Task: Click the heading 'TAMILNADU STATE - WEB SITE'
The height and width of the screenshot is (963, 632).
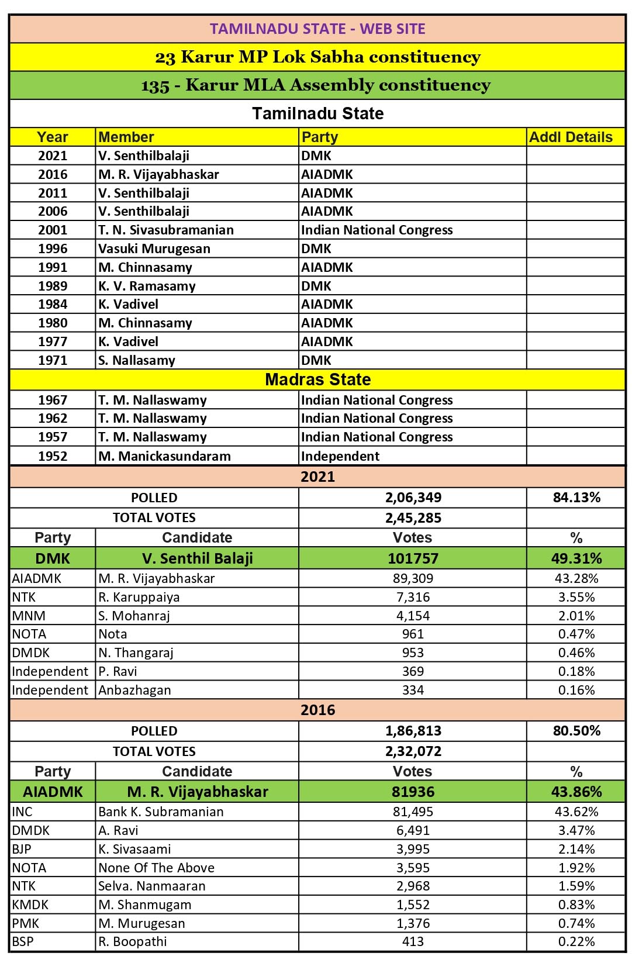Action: click(x=317, y=29)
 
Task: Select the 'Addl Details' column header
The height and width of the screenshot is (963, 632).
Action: click(x=571, y=137)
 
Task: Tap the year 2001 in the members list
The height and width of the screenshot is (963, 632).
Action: click(x=53, y=230)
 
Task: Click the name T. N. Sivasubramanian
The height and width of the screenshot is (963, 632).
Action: click(x=166, y=230)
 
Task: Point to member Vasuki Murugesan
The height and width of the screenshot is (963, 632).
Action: click(x=154, y=249)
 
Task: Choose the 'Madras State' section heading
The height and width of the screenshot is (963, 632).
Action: click(x=317, y=379)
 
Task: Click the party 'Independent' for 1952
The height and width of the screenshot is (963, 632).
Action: click(x=340, y=456)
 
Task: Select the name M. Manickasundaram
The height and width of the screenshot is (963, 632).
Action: click(x=165, y=456)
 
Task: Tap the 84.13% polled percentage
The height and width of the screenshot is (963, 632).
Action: click(x=576, y=498)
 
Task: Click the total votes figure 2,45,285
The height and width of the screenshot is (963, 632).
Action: click(x=413, y=518)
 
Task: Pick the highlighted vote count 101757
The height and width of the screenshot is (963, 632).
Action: click(x=413, y=558)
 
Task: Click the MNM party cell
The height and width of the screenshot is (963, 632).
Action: click(x=29, y=616)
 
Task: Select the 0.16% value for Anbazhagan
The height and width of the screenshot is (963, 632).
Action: click(x=576, y=690)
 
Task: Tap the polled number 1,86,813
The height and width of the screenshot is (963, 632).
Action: click(x=413, y=731)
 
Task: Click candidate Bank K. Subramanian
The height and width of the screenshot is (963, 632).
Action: click(x=161, y=812)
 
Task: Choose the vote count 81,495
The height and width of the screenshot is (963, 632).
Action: click(x=413, y=812)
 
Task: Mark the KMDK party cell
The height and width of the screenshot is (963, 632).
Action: click(x=30, y=905)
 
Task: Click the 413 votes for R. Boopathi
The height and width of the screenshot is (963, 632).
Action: click(x=413, y=941)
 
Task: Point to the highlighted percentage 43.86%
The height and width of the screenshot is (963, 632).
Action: click(x=576, y=792)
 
